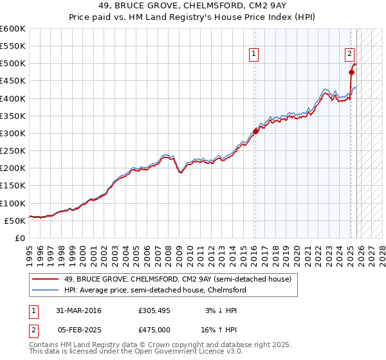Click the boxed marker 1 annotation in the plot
pyautogui.click(x=255, y=54)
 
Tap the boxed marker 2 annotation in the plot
pyautogui.click(x=349, y=54)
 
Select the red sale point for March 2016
pyautogui.click(x=255, y=131)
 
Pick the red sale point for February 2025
pyautogui.click(x=351, y=72)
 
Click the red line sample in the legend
pyautogui.click(x=46, y=279)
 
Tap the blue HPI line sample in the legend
pyautogui.click(x=46, y=290)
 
